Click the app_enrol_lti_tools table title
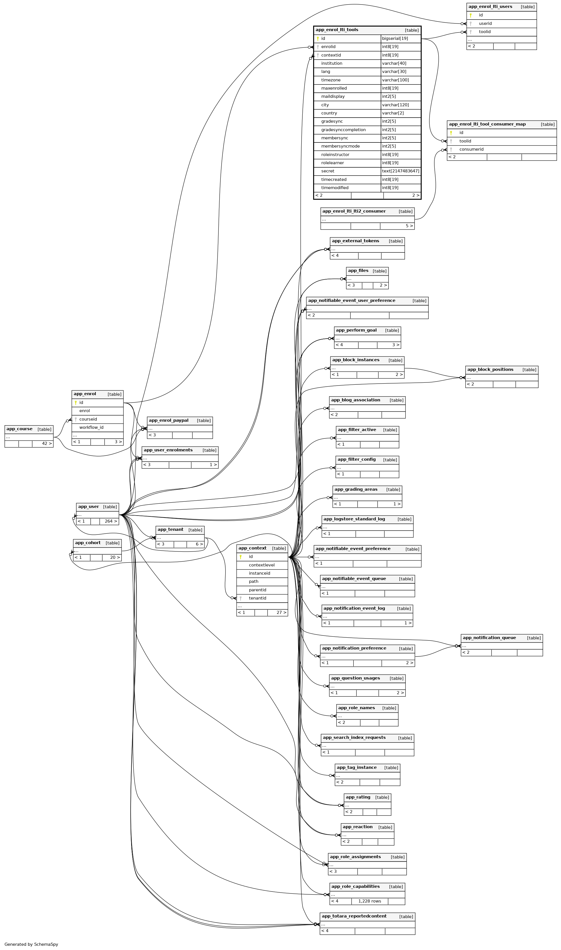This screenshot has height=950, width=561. click(337, 30)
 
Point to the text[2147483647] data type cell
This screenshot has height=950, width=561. click(400, 171)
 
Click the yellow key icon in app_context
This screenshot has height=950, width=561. click(241, 557)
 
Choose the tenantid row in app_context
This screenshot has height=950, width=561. click(257, 598)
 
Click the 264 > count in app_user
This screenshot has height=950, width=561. click(111, 521)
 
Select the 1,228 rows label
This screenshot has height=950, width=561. click(369, 901)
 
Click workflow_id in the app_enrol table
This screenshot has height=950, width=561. click(91, 428)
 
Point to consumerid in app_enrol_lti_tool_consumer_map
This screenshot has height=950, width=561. click(471, 149)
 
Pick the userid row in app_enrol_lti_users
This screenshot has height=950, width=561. click(485, 23)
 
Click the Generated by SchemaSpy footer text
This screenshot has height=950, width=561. click(31, 944)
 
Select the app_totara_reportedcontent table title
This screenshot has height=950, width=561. click(354, 916)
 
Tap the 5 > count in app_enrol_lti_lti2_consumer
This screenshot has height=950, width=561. click(409, 226)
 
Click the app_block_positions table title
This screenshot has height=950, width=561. click(490, 369)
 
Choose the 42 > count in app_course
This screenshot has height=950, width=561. click(47, 443)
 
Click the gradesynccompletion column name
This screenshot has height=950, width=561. click(343, 130)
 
